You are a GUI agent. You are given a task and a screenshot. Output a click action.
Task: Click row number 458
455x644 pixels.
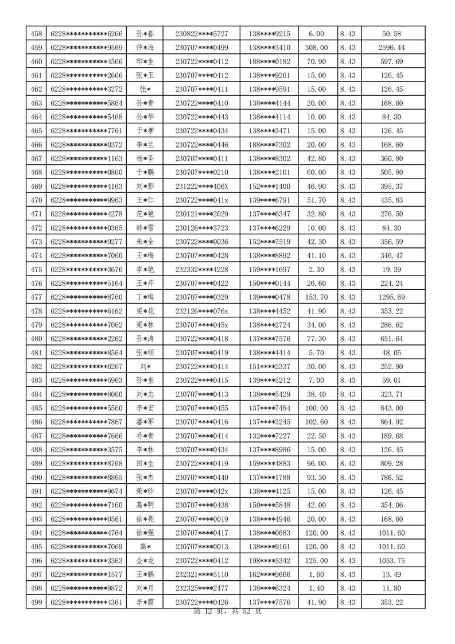(x=36, y=34)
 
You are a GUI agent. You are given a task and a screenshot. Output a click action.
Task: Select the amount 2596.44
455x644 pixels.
(x=392, y=48)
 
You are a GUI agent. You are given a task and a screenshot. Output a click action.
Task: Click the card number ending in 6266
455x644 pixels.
(x=87, y=34)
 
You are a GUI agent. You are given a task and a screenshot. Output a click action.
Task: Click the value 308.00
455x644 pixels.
(x=317, y=48)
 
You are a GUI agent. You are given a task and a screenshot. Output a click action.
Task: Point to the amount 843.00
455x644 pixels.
(x=392, y=408)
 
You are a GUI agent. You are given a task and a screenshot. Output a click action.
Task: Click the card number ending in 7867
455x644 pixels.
(x=87, y=422)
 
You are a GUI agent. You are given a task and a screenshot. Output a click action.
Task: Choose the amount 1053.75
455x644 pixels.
(x=392, y=561)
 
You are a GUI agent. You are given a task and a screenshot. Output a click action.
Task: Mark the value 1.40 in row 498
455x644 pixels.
(x=317, y=588)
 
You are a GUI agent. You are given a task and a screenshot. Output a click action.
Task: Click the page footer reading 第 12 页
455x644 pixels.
(x=209, y=612)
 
